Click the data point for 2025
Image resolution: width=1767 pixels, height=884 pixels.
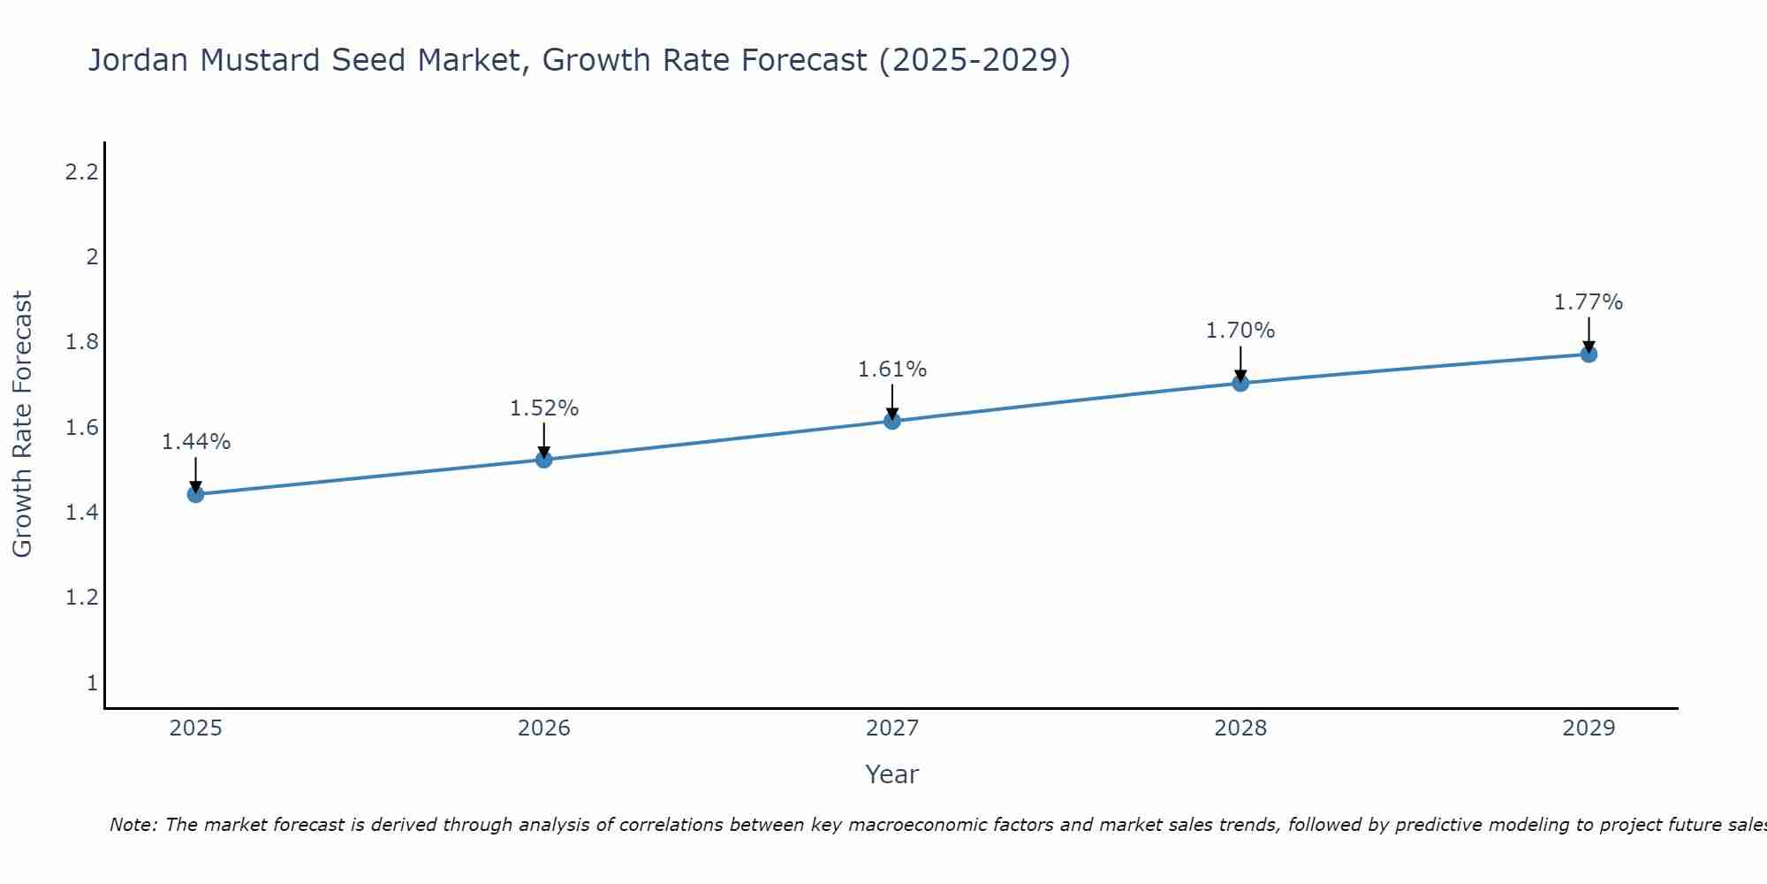pyautogui.click(x=195, y=494)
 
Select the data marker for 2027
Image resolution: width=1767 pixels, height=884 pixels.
pyautogui.click(x=892, y=421)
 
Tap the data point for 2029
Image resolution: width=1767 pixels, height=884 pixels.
pyautogui.click(x=1589, y=354)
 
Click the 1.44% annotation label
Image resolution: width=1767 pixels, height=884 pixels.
pyautogui.click(x=196, y=442)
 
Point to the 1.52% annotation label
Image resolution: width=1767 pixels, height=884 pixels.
pyautogui.click(x=544, y=408)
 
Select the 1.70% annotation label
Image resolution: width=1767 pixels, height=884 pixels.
pyautogui.click(x=1240, y=331)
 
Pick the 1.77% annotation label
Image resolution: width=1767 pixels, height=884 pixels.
pyautogui.click(x=1589, y=302)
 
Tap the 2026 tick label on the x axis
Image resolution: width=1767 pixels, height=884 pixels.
pyautogui.click(x=544, y=728)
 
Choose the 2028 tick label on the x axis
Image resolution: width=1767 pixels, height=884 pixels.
pyautogui.click(x=1240, y=728)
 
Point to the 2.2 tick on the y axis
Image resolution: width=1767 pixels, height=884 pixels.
pyautogui.click(x=81, y=172)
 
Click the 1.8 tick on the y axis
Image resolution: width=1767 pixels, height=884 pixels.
pyautogui.click(x=81, y=342)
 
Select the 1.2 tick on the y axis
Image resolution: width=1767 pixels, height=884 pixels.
pyautogui.click(x=81, y=598)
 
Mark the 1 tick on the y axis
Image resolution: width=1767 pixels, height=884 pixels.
pyautogui.click(x=92, y=683)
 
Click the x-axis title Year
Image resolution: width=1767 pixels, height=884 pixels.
pyautogui.click(x=892, y=774)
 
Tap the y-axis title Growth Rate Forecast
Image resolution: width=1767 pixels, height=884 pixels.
pyautogui.click(x=22, y=424)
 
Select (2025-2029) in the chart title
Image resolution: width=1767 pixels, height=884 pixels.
pyautogui.click(x=974, y=61)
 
